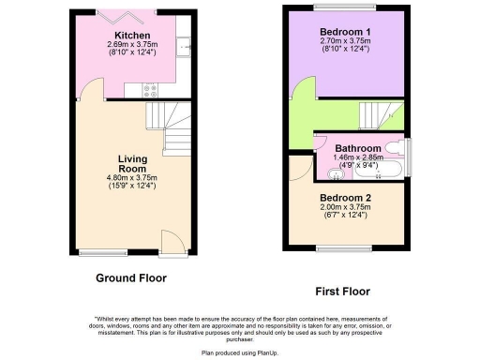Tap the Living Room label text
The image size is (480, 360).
click(x=133, y=164)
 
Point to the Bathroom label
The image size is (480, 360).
click(x=358, y=149)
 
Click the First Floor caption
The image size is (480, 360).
click(x=343, y=292)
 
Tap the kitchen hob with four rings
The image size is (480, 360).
click(x=150, y=90)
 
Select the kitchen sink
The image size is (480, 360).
click(x=187, y=44)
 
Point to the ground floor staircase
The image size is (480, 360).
click(x=170, y=131)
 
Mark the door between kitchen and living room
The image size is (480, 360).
click(x=89, y=91)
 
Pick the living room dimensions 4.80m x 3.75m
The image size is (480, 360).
click(x=133, y=177)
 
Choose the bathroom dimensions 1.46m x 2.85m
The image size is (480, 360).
click(x=359, y=158)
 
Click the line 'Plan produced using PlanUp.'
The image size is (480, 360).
click(x=240, y=352)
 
